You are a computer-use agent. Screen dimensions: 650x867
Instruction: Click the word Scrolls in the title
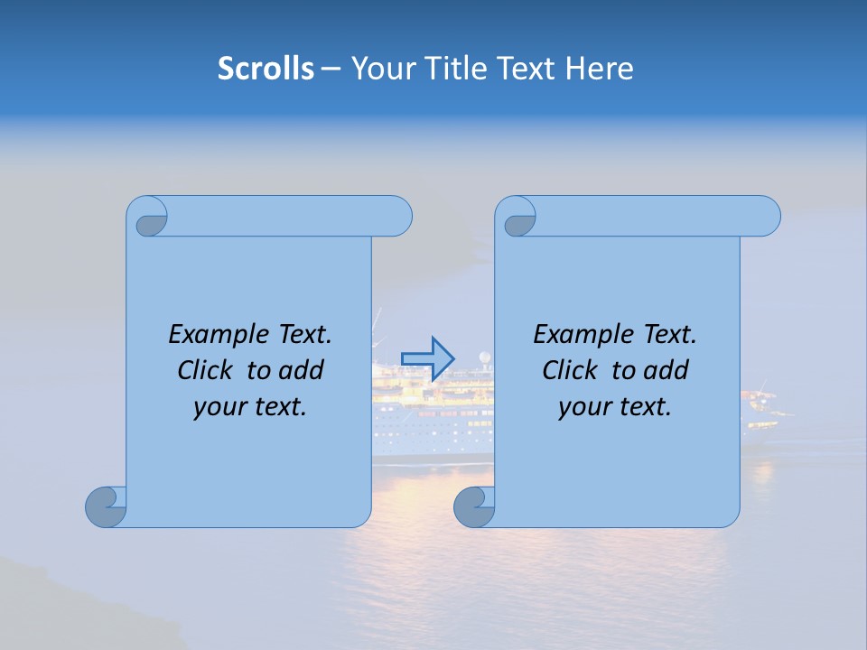coord(266,69)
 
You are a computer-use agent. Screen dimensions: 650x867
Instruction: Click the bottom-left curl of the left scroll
coord(105,506)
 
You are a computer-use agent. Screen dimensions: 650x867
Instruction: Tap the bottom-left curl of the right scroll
coord(473,506)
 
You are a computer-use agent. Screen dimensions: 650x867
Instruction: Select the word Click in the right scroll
coord(570,370)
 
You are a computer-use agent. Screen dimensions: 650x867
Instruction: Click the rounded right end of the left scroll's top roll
coord(398,217)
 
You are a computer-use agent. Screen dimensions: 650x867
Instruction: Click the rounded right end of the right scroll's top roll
coord(767,217)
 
